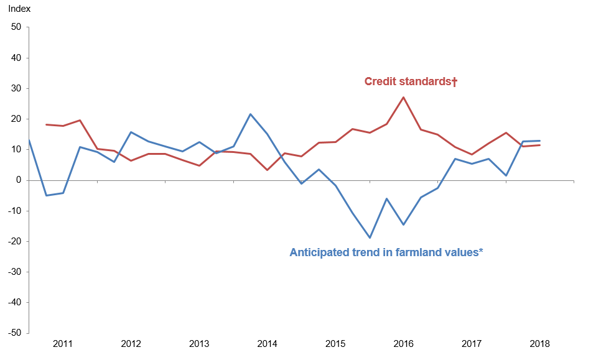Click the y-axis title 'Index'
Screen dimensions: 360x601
pos(19,9)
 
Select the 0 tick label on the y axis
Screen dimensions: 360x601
pos(19,180)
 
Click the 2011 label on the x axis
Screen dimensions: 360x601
pos(63,344)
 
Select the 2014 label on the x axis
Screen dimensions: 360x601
pos(267,344)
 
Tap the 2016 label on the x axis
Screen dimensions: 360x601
pos(403,344)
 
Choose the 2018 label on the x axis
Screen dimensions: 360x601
pos(539,344)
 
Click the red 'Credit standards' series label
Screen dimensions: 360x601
pos(408,81)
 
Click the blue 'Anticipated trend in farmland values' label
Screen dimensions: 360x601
pos(386,252)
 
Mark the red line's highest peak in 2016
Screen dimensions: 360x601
pos(403,97)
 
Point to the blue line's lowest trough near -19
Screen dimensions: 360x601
pos(370,238)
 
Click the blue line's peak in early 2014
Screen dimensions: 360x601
pos(250,114)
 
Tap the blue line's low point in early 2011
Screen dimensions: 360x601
pos(46,195)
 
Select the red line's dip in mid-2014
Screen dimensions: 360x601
pos(267,170)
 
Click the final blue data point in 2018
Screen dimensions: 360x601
pos(539,141)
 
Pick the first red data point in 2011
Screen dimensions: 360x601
pos(46,124)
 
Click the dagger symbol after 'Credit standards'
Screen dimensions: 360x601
pos(454,81)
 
